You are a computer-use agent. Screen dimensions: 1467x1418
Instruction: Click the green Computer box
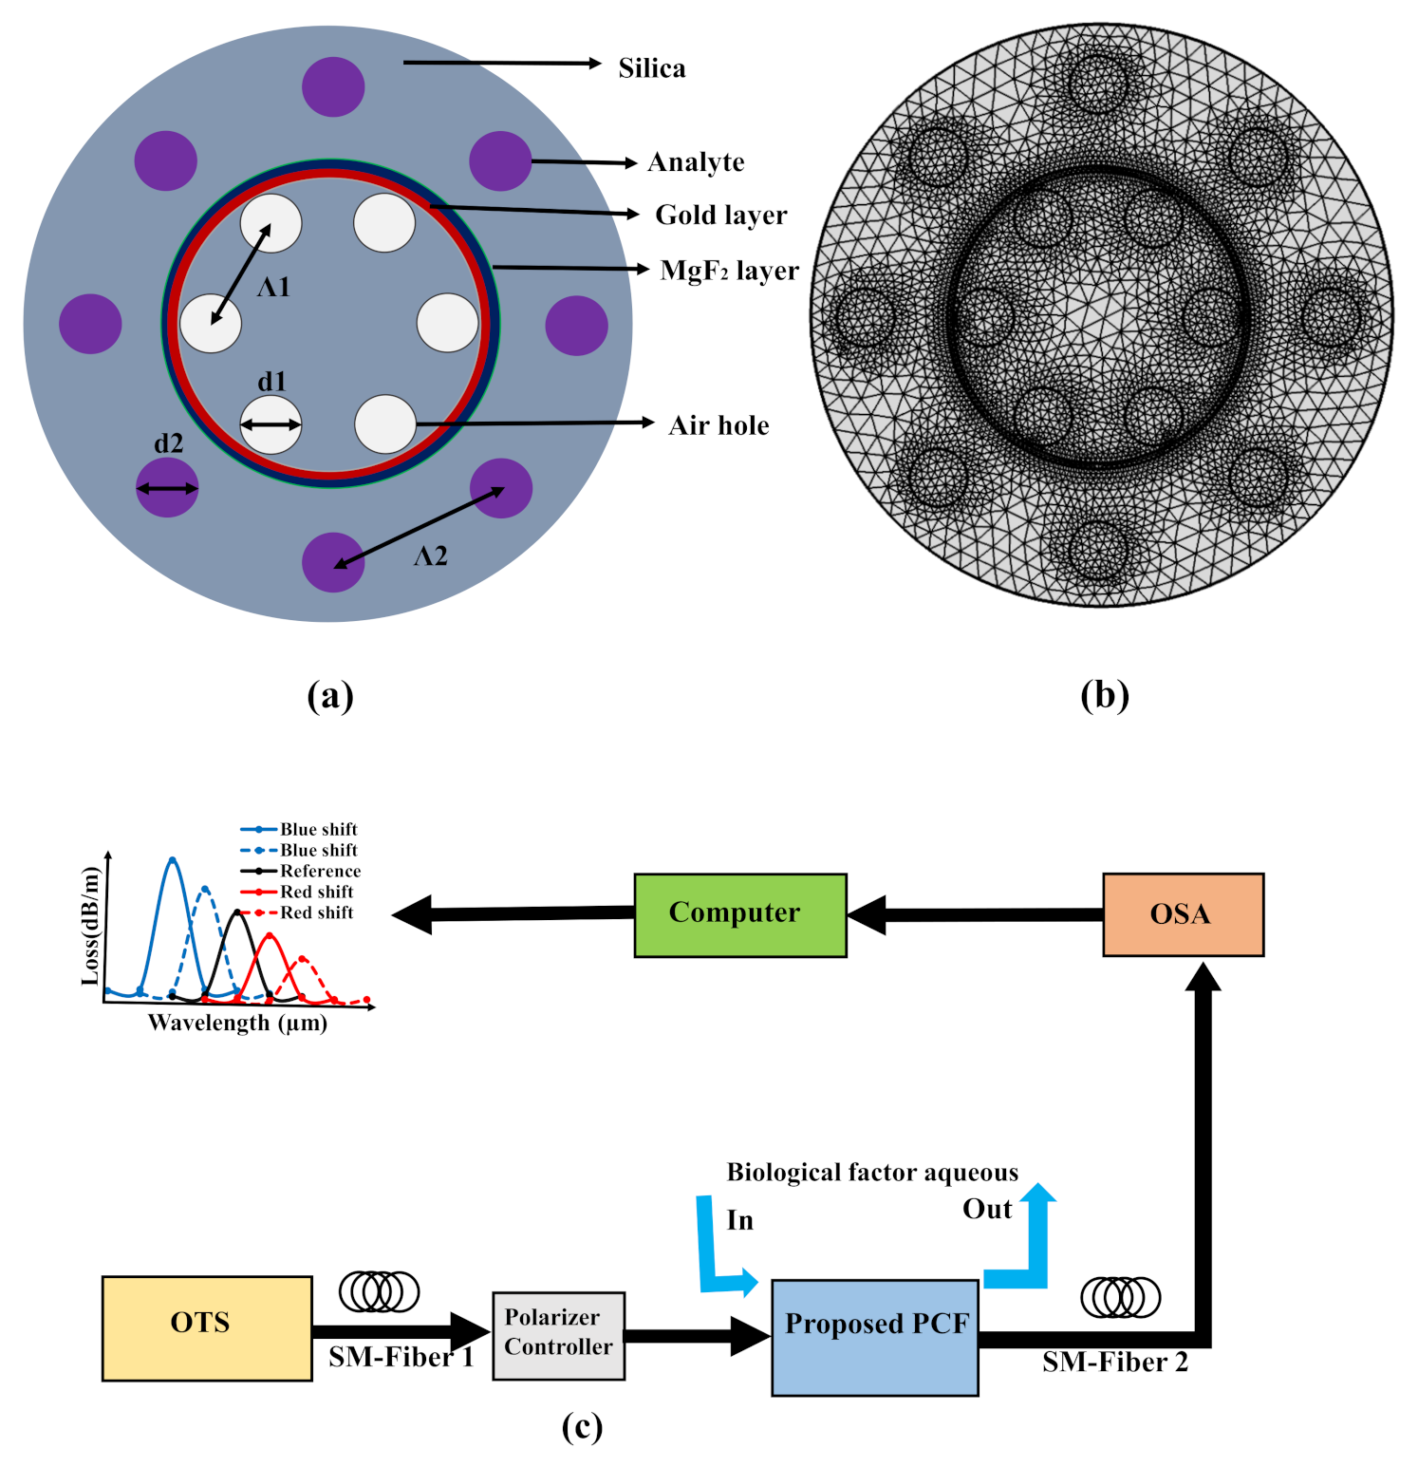739,914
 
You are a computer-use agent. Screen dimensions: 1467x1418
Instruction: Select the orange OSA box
1182,914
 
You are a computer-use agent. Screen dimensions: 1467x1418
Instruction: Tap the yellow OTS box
206,1326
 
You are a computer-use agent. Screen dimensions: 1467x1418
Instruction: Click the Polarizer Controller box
558,1334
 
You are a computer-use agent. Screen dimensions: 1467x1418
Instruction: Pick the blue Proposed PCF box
874,1337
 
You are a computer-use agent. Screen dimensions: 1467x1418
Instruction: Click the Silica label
651,68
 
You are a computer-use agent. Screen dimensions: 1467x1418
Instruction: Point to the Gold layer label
720,216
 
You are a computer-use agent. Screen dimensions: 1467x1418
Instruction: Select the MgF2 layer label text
729,271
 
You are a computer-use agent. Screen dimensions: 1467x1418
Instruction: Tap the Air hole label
718,425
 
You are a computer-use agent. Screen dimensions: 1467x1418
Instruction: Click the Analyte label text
696,162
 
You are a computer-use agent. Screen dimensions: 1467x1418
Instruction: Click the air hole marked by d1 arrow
271,424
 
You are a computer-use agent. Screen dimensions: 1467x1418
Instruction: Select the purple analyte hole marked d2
167,488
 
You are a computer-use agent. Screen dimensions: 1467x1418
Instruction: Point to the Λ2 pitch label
430,556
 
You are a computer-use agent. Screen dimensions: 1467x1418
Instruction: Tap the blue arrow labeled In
718,1253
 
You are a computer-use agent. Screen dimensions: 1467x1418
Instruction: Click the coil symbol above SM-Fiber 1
379,1291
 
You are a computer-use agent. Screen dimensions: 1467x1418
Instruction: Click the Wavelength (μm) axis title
237,1023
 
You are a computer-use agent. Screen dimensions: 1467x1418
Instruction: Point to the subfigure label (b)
1105,695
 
